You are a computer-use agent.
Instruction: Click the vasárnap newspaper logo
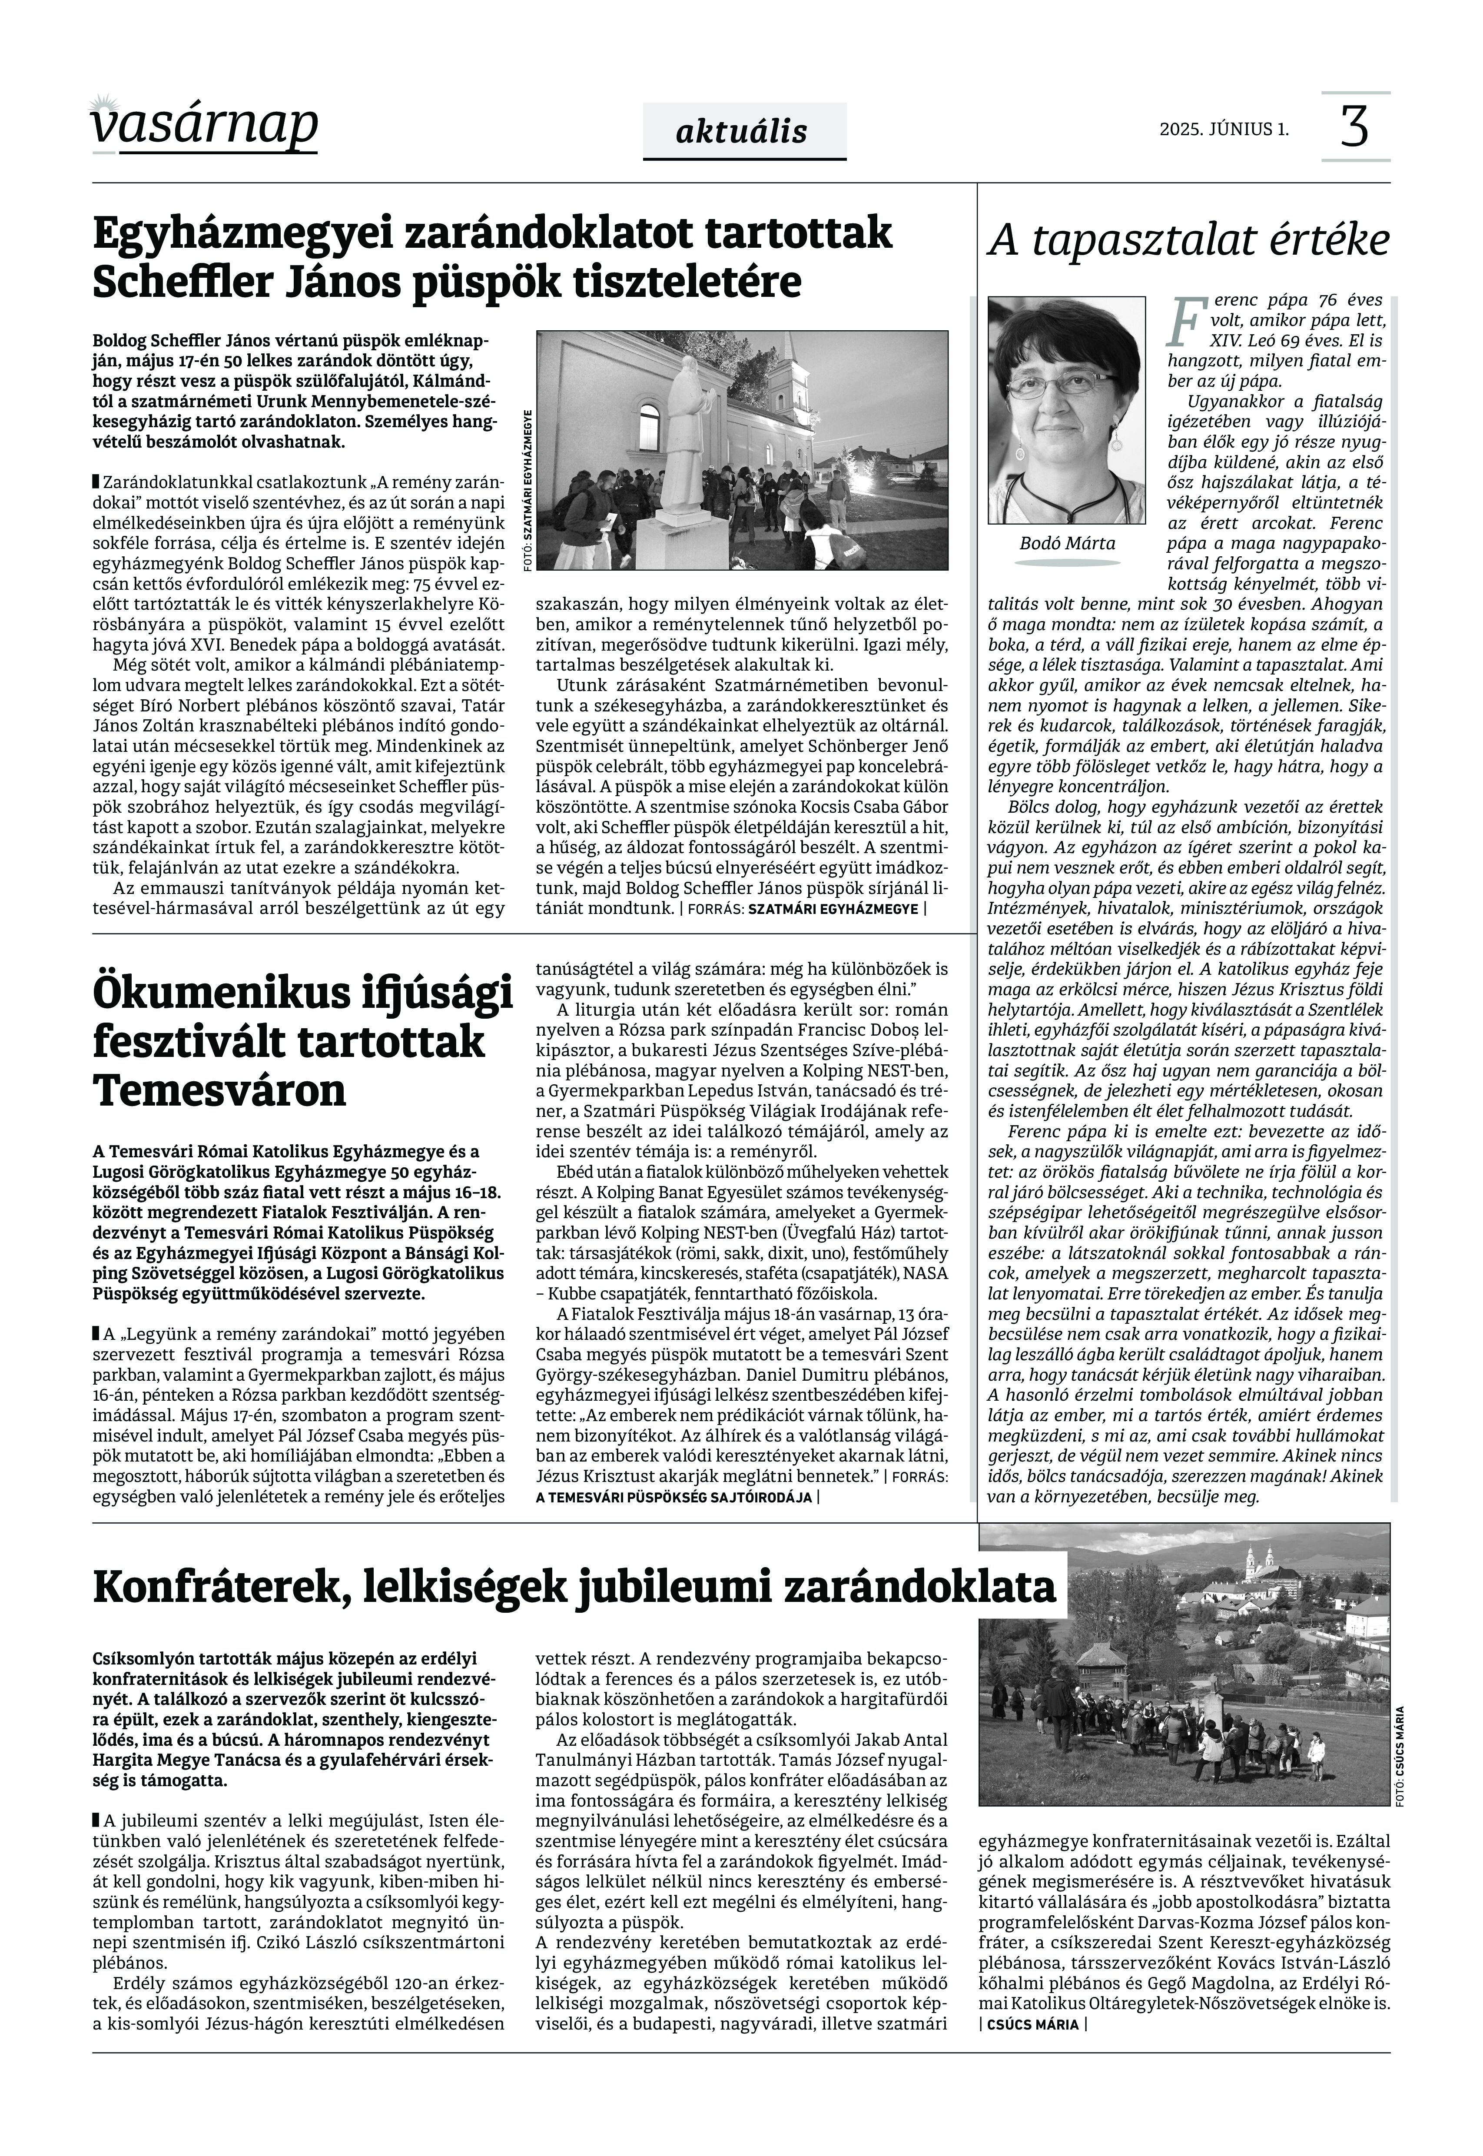[x=204, y=123]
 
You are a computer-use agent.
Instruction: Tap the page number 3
[x=1355, y=126]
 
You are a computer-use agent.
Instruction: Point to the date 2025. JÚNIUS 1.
[x=1224, y=129]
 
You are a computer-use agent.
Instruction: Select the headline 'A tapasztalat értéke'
[x=1188, y=241]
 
